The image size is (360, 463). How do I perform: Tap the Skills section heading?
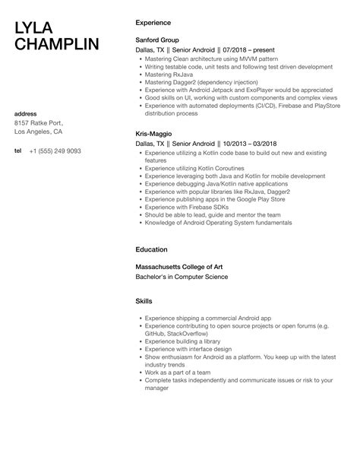pyautogui.click(x=144, y=300)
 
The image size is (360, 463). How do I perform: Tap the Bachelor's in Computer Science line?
pyautogui.click(x=181, y=277)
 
